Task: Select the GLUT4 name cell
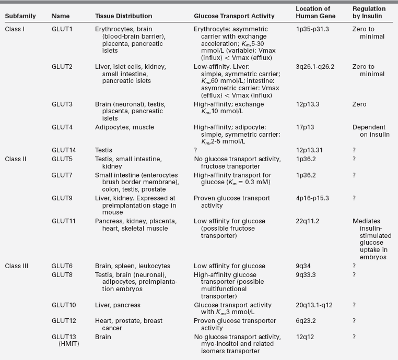[62, 127]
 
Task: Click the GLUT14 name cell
[64, 150]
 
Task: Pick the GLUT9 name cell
[62, 198]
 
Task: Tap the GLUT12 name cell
[64, 320]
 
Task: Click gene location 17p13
[305, 127]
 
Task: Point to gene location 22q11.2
[308, 221]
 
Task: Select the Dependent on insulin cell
[369, 131]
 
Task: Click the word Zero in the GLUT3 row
[360, 104]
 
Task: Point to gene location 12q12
[305, 337]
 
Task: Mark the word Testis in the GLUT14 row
[103, 150]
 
